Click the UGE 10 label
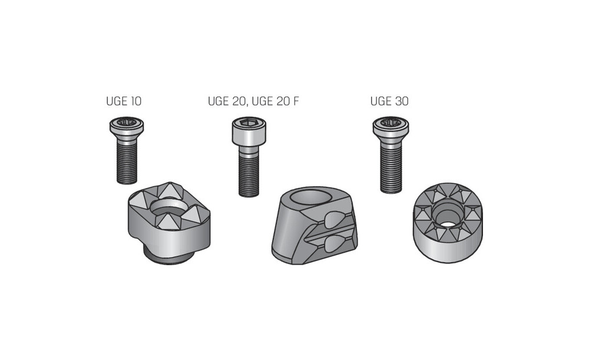click(x=124, y=101)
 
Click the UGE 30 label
click(x=389, y=101)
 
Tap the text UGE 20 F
click(x=275, y=101)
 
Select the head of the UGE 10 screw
click(x=127, y=126)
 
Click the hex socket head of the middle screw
click(x=249, y=130)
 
